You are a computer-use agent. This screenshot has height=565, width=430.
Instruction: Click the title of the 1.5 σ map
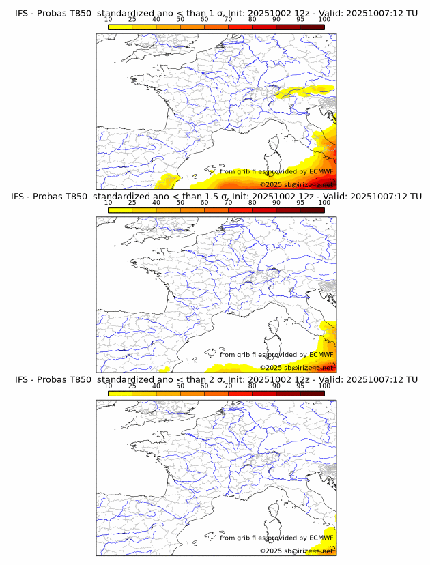pos(215,197)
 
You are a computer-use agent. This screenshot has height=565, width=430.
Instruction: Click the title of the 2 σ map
pos(215,379)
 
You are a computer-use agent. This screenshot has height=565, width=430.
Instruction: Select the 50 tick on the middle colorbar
pos(180,203)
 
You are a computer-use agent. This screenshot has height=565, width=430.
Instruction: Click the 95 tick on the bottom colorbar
pos(300,386)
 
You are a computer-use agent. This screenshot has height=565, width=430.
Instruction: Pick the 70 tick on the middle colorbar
pos(228,203)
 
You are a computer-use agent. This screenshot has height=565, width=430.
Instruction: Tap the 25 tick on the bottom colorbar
pos(132,386)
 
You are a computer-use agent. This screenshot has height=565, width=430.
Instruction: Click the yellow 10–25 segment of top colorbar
pos(120,27)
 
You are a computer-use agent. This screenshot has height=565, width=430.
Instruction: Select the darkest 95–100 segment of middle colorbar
pos(312,210)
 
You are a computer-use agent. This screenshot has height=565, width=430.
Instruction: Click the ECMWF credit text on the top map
pos(276,172)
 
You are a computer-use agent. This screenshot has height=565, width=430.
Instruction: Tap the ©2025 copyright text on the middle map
pos(296,367)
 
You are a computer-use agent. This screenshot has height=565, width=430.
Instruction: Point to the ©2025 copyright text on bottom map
pos(296,551)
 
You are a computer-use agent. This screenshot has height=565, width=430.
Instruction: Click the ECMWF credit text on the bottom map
pos(276,538)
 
